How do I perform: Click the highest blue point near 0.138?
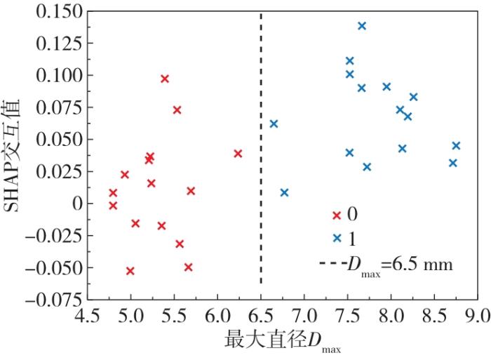(x=362, y=26)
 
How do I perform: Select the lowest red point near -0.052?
(x=130, y=271)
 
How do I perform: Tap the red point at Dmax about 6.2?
(x=238, y=153)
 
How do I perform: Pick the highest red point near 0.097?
(x=165, y=79)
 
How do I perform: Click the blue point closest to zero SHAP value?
(x=284, y=192)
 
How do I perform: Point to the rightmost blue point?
(x=456, y=145)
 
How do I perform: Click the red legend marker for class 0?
(x=337, y=214)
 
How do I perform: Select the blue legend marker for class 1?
(x=337, y=239)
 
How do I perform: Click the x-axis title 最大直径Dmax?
(x=284, y=342)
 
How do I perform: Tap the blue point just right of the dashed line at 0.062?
(x=274, y=124)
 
